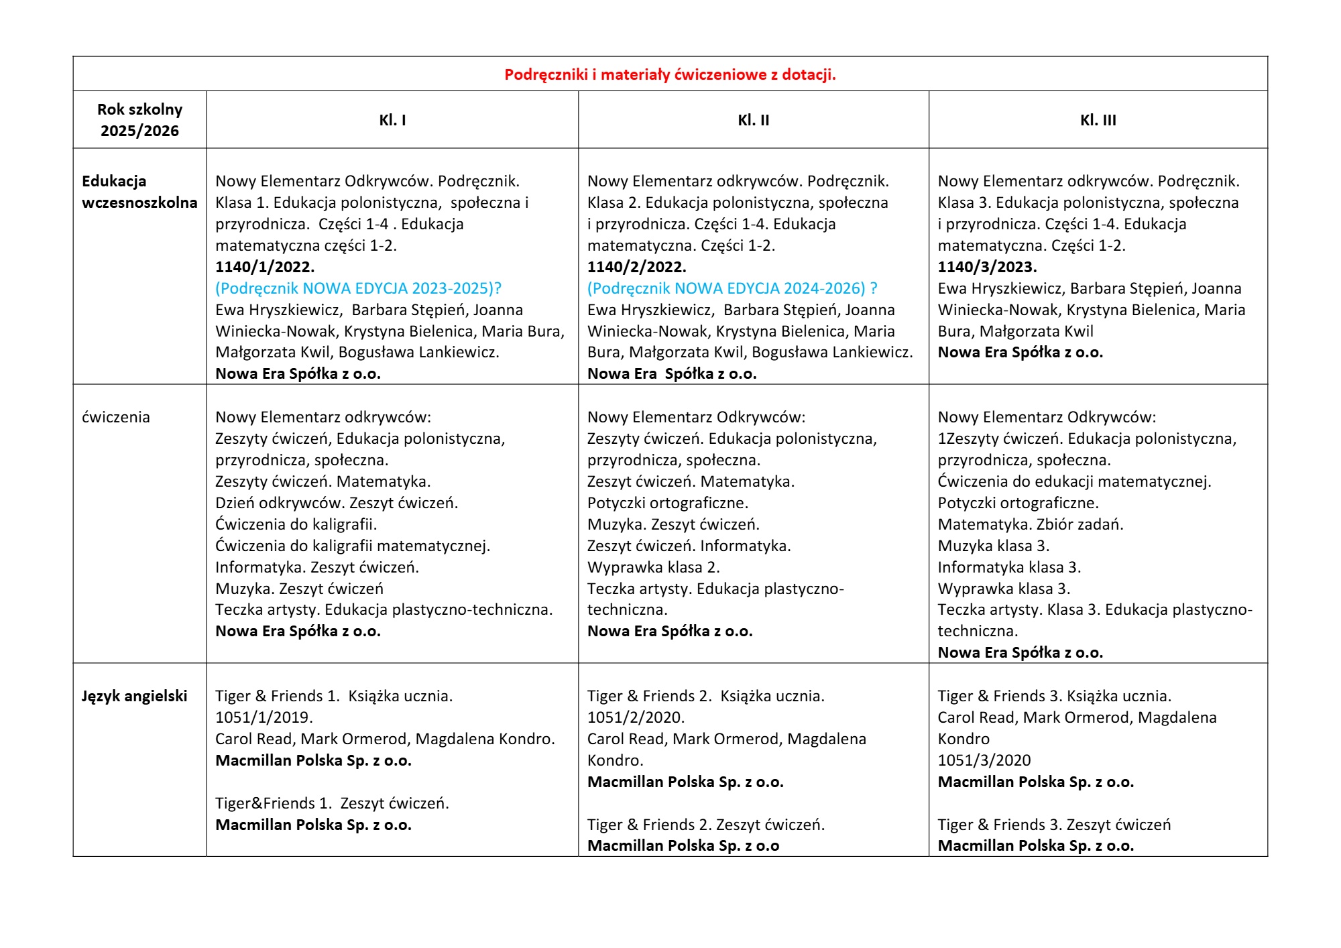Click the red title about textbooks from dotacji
(670, 74)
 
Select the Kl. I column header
(392, 120)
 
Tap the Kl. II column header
(753, 120)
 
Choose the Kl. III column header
(1098, 120)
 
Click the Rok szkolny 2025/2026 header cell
(139, 120)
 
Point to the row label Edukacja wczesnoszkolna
(139, 192)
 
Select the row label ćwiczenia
(116, 417)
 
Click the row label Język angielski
(134, 696)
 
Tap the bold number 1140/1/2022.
(265, 267)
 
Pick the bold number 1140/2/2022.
(636, 267)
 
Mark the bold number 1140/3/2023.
(987, 267)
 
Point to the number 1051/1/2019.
(264, 717)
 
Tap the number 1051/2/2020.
(636, 717)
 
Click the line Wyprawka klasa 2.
(653, 567)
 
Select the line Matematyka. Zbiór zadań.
(1031, 524)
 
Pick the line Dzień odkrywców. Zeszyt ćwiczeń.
(337, 503)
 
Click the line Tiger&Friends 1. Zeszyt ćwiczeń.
(332, 803)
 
